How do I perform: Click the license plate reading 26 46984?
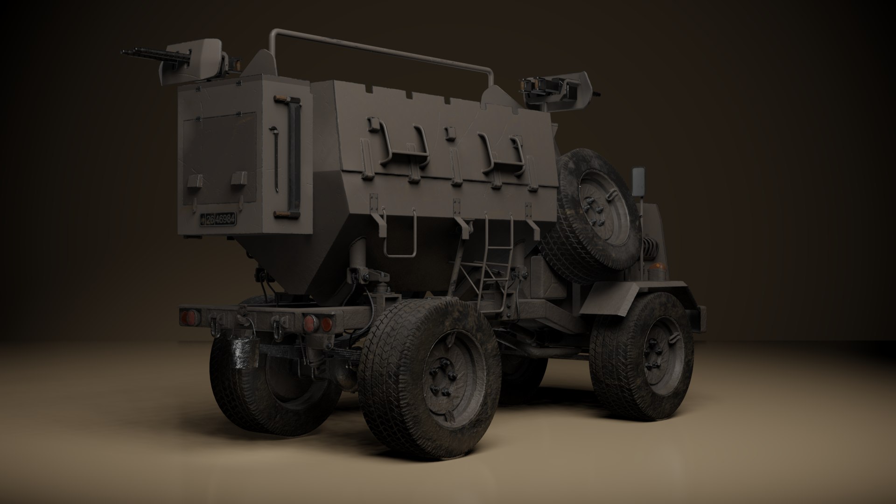[x=218, y=219]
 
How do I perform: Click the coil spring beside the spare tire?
[x=646, y=254]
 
